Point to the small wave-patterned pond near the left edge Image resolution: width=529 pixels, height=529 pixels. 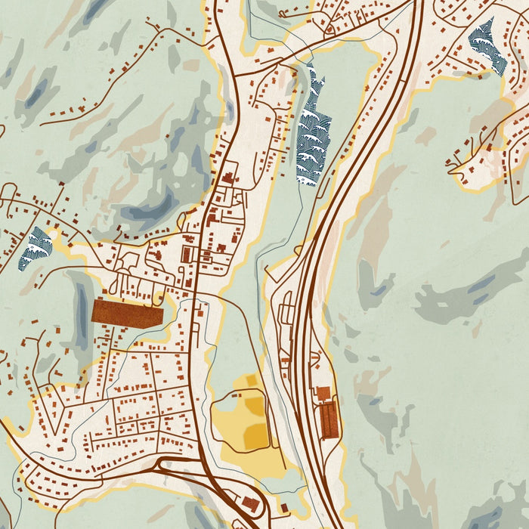(36, 249)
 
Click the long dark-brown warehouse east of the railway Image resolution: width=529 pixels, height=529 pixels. (329, 420)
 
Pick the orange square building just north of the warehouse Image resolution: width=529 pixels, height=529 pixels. (323, 393)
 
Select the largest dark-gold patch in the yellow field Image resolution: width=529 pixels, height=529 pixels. (255, 431)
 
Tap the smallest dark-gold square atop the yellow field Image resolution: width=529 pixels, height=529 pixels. (250, 382)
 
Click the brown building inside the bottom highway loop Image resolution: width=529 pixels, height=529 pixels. (251, 504)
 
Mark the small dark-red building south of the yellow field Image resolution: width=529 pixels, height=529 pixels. (284, 507)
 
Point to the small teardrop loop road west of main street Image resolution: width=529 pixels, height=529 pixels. (125, 264)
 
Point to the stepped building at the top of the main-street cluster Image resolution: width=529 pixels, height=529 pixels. (227, 178)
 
